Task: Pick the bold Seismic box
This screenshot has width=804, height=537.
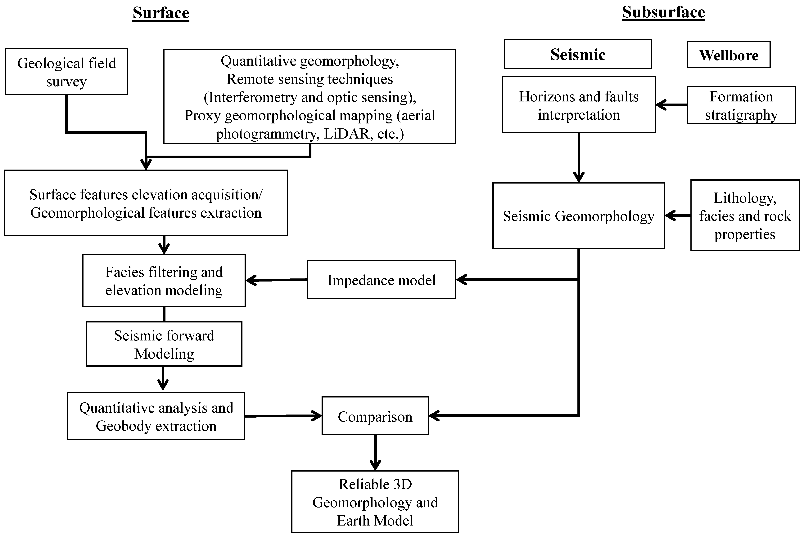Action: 578,54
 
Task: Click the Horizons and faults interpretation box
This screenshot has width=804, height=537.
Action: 579,105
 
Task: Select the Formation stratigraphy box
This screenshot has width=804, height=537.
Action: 741,105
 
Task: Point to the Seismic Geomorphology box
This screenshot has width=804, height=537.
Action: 579,216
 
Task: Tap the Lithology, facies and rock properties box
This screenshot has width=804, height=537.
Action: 745,216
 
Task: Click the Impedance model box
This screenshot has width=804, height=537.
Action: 382,280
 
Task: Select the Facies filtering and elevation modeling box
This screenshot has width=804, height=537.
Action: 164,281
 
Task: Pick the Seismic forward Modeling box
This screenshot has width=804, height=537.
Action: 164,344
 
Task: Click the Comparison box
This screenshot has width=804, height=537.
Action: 375,416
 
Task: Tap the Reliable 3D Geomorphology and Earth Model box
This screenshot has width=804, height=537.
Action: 375,502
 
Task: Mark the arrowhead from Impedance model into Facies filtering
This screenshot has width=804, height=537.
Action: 251,281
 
